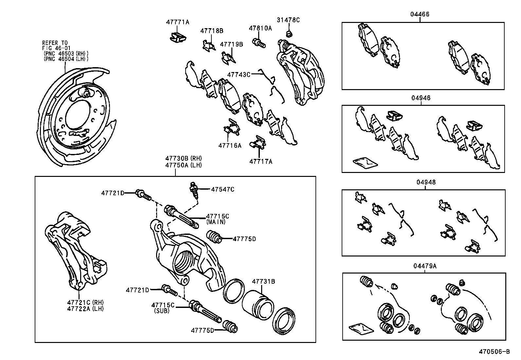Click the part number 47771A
(x=177, y=22)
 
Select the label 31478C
(x=288, y=20)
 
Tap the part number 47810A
(x=260, y=28)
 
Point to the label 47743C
(x=239, y=75)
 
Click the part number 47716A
(x=230, y=145)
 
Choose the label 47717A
(x=260, y=161)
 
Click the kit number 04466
(x=420, y=14)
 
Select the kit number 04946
(x=421, y=98)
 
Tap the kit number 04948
(x=426, y=182)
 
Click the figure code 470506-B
(x=494, y=352)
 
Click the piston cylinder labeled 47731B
(x=258, y=303)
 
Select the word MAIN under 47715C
(x=216, y=222)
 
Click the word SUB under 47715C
(x=162, y=311)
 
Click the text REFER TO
(x=55, y=43)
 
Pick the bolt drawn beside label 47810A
(x=259, y=42)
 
